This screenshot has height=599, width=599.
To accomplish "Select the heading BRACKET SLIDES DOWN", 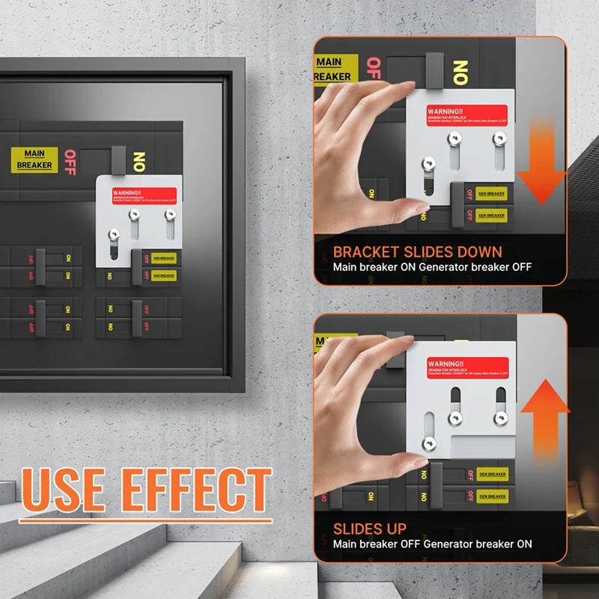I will pos(417,252).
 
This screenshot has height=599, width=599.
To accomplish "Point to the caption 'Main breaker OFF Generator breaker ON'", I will pos(432,544).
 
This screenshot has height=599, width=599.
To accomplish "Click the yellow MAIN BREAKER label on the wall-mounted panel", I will pos(34,159).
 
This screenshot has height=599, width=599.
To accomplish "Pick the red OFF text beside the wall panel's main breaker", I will pos(70,162).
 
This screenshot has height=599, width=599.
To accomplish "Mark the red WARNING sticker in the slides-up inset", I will pos(467,367).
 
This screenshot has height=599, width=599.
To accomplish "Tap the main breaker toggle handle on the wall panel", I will pos(118,158).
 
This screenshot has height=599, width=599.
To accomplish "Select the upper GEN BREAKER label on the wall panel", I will pos(162,258).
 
